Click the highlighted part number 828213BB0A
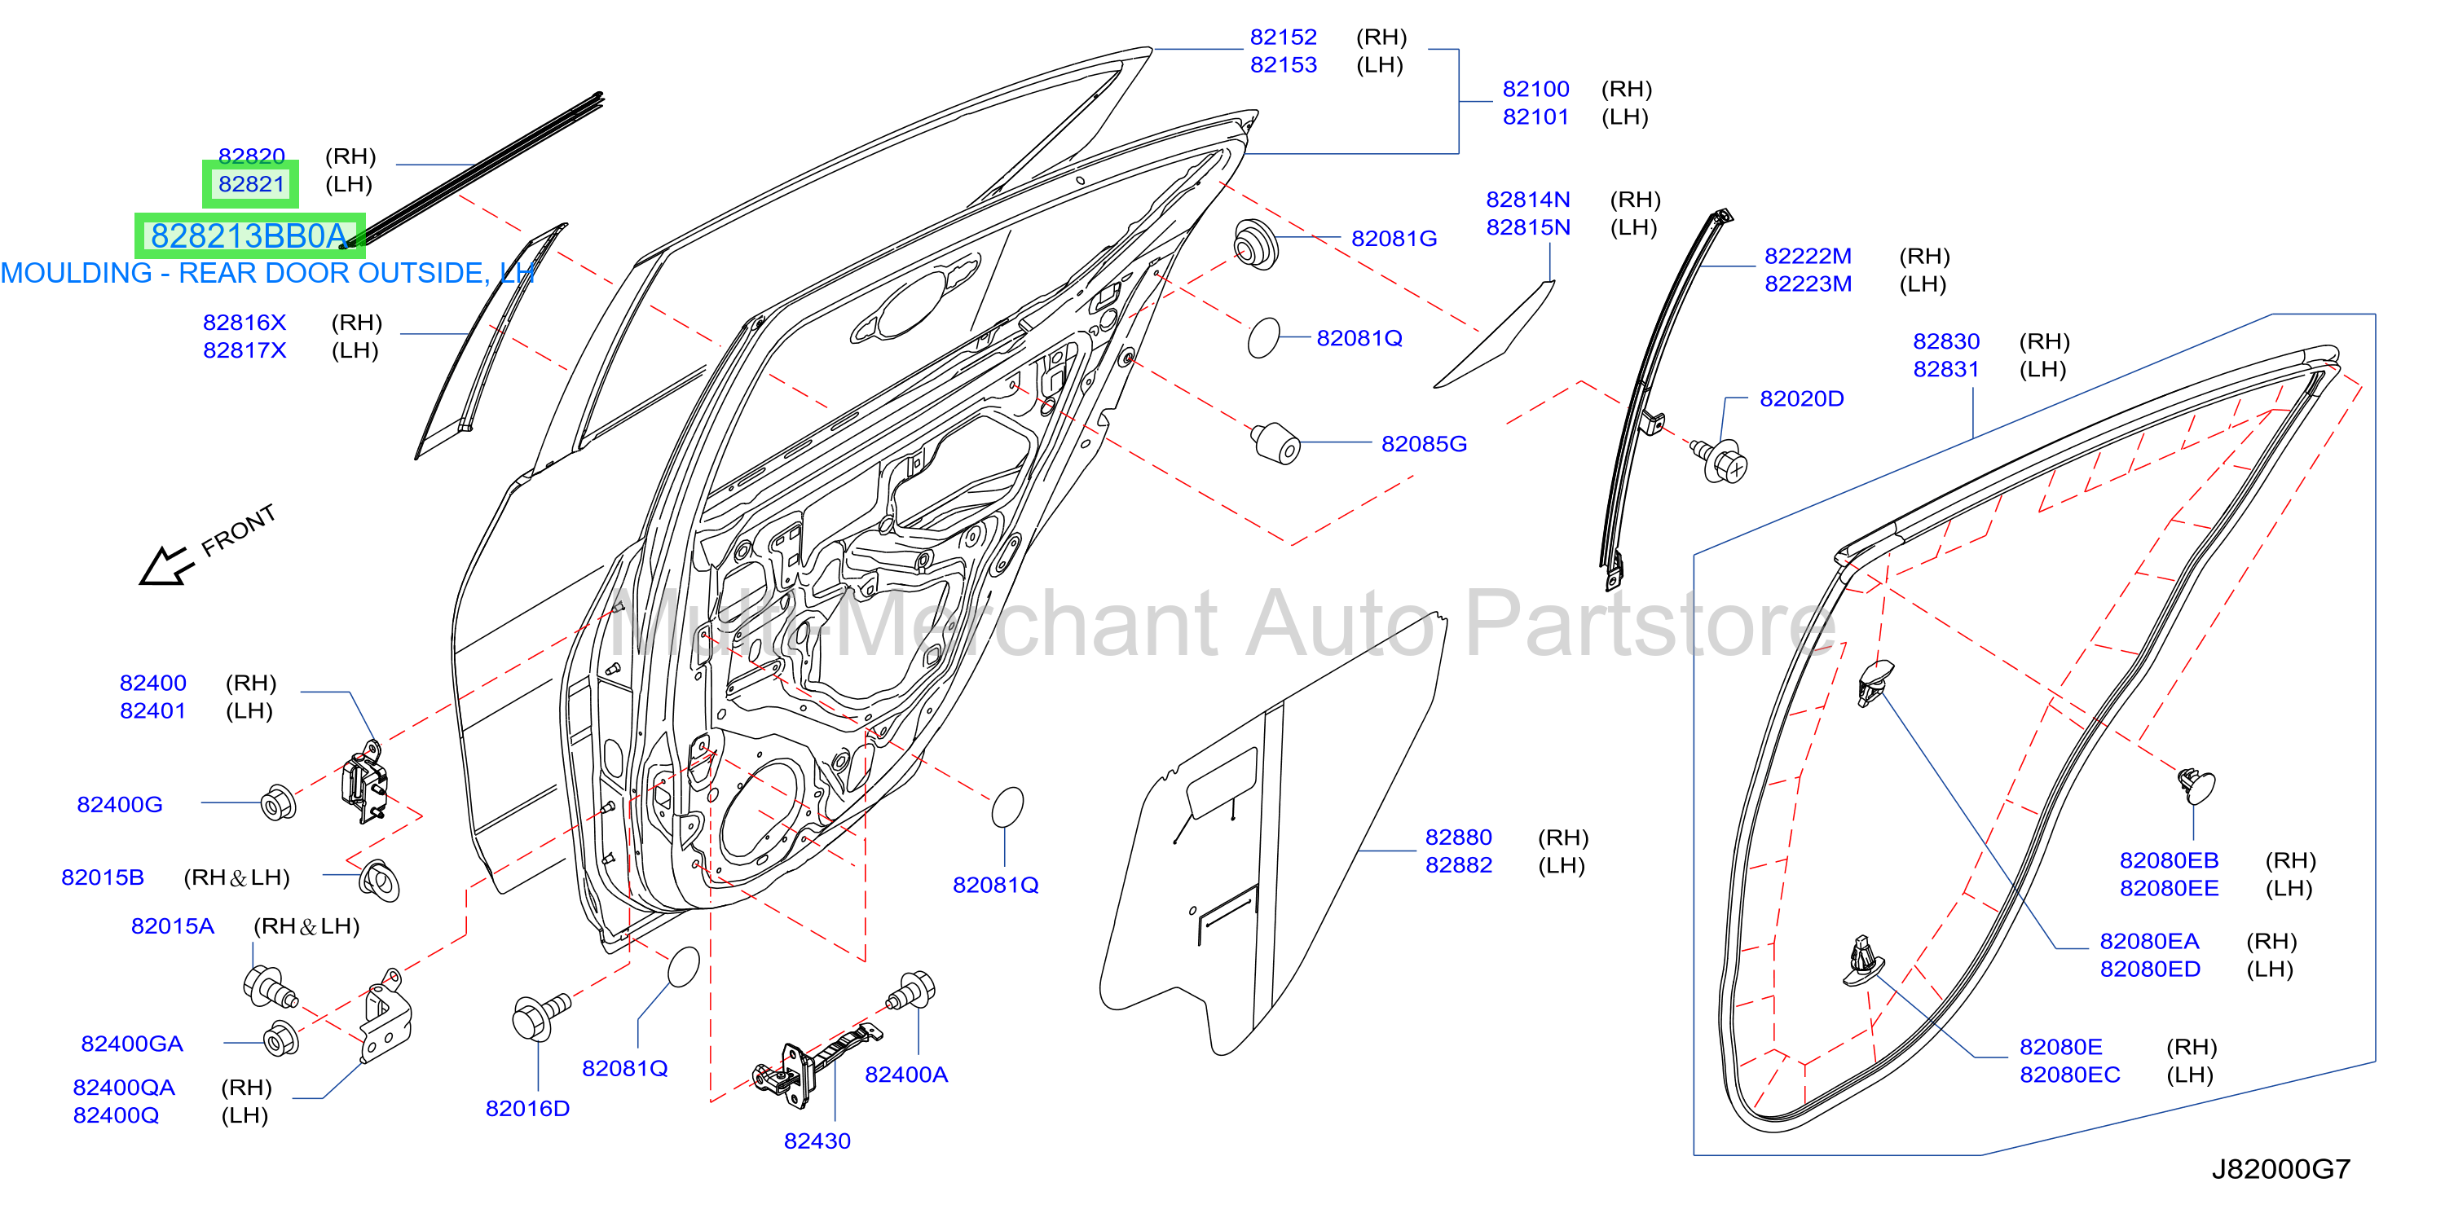(x=249, y=235)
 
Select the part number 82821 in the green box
(x=252, y=184)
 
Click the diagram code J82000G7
(x=2281, y=1169)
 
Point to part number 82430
(x=817, y=1141)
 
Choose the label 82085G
(x=1424, y=443)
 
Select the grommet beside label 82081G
(x=1255, y=245)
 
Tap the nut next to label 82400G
(x=278, y=804)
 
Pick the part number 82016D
(x=528, y=1109)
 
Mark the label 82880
(x=1458, y=837)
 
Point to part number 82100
(x=1535, y=89)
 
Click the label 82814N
(x=1528, y=200)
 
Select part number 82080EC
(x=2070, y=1075)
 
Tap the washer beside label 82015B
(x=380, y=880)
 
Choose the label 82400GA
(x=132, y=1044)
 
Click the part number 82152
(x=1284, y=37)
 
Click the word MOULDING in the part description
(x=76, y=273)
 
